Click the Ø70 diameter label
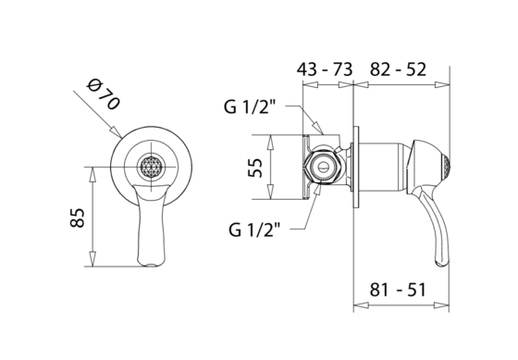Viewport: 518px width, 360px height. point(103,94)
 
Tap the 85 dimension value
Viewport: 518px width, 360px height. point(78,217)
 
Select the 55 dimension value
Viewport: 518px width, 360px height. point(255,168)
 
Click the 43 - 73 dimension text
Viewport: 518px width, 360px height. point(325,69)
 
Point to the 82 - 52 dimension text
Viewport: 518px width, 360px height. point(398,69)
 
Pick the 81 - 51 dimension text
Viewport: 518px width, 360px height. point(398,290)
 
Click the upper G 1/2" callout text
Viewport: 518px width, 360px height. point(250,106)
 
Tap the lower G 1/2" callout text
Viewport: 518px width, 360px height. point(254,230)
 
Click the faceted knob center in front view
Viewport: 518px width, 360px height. point(152,167)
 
